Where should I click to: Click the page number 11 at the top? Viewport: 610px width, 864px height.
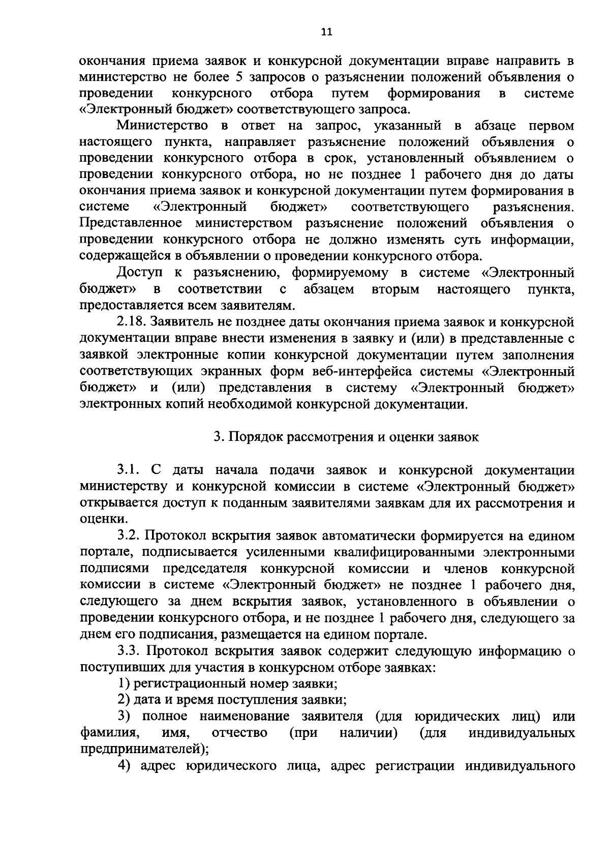point(326,32)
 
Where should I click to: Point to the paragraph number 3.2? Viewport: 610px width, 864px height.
point(130,535)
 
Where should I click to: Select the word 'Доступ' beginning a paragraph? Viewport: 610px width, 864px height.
point(138,273)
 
